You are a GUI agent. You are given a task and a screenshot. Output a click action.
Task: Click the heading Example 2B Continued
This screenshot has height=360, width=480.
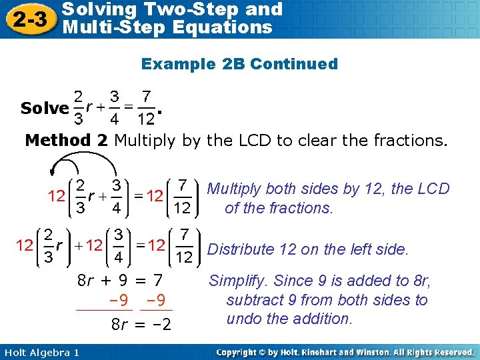click(x=239, y=64)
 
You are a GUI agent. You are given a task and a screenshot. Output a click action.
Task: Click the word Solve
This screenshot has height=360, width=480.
click(x=45, y=108)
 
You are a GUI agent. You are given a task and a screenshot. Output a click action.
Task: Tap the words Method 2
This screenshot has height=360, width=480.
click(x=67, y=140)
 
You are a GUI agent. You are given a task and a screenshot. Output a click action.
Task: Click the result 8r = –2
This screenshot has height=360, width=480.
click(x=141, y=325)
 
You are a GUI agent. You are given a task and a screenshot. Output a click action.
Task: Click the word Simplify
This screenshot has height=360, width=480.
click(x=239, y=281)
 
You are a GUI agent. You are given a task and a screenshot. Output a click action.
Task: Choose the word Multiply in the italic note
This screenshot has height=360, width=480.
click(x=234, y=189)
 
